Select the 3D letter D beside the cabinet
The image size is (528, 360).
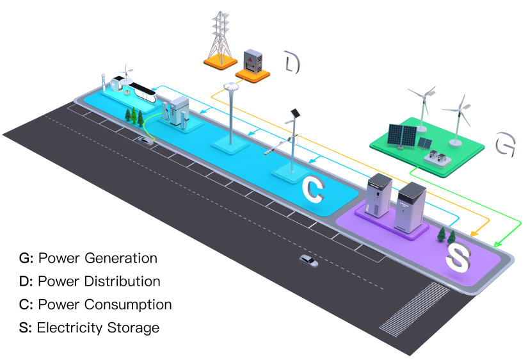pos(292,63)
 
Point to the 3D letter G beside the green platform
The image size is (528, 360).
pos(506,144)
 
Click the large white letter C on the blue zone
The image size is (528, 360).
pos(314,188)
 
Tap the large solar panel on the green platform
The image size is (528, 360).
pos(403,135)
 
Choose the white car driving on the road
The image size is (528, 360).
pos(308,261)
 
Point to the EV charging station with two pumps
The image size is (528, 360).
pos(175,112)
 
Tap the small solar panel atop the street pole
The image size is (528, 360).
pos(295,113)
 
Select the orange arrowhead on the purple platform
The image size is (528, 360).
pos(474,234)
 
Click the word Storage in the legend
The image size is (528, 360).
pos(133,328)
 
